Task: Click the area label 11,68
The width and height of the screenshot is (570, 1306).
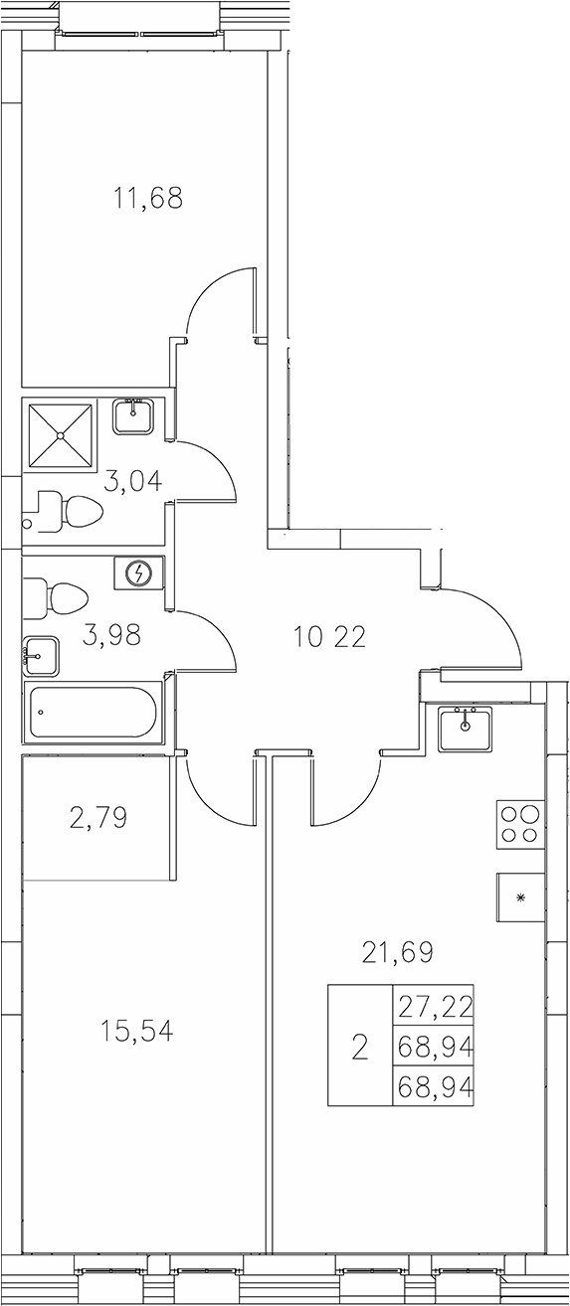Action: [x=148, y=199]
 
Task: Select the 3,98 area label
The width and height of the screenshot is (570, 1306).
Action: [x=111, y=636]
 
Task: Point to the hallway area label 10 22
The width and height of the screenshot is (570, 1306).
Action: [x=329, y=636]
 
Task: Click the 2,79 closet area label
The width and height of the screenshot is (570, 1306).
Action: [x=98, y=819]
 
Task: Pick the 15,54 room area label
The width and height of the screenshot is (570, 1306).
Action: [x=137, y=1032]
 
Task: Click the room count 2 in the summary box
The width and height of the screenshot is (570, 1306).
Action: [x=360, y=1047]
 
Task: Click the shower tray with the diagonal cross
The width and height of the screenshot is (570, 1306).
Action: [x=61, y=434]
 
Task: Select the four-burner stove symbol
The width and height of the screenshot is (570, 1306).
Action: [x=520, y=824]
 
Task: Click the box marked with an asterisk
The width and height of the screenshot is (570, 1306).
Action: [x=520, y=897]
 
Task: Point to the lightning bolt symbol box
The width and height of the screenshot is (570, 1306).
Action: [x=138, y=573]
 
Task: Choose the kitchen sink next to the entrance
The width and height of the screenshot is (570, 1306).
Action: [x=465, y=728]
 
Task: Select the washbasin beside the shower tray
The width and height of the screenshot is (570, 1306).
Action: [x=132, y=415]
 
